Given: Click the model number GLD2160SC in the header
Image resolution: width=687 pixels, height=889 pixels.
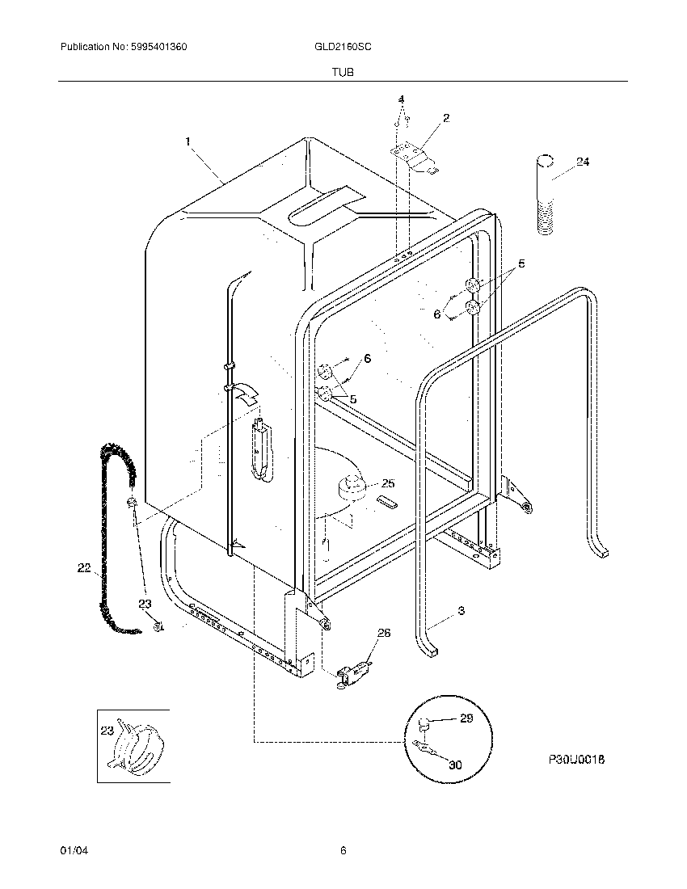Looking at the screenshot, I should pos(343,48).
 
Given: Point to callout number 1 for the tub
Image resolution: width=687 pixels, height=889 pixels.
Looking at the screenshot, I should pos(188,141).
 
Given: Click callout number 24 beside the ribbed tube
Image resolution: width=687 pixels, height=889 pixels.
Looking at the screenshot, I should pos(582,162).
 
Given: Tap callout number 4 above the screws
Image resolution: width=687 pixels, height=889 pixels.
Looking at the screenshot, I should pos(400,99).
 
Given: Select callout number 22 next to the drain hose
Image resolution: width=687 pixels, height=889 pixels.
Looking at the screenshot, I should pos(84,569).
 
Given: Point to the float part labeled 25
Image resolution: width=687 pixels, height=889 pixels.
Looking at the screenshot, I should pos(352,487).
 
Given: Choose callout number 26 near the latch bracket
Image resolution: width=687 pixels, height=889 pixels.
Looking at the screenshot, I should pos(384,633).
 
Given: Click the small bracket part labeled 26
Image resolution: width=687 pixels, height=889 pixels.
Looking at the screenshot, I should pos(353,671).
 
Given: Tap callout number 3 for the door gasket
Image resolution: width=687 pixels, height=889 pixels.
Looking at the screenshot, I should pos(461,611).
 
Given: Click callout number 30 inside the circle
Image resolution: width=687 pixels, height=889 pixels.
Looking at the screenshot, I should pos(455,764).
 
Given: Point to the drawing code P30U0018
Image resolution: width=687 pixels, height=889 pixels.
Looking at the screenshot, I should pos(576,760).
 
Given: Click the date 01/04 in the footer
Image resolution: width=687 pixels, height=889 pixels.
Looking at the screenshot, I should pos(72,850).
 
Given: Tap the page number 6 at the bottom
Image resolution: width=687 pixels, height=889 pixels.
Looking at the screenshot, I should pos(343,850).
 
